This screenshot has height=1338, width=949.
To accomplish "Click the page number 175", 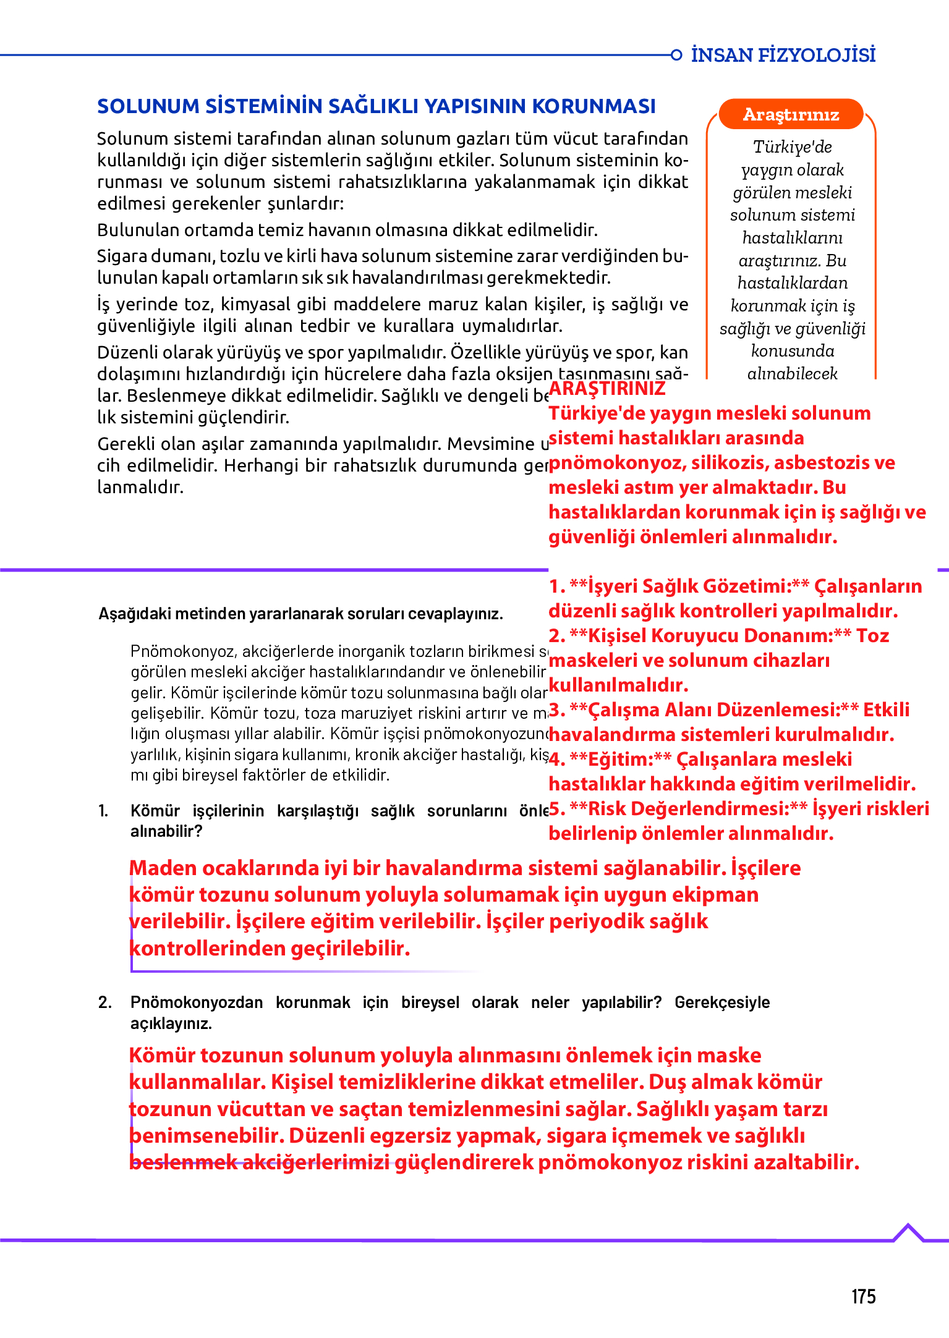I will point(863,1296).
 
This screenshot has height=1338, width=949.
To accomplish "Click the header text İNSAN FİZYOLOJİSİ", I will point(783,55).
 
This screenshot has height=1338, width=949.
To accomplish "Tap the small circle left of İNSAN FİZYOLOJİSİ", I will point(676,55).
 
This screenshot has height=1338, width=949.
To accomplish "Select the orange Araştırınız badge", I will point(791,114).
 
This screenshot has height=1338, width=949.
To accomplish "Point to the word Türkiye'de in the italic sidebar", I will point(792,147).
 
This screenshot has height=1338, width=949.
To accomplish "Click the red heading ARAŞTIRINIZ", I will point(606,388).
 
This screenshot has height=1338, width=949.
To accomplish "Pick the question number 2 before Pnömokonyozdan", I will point(104,1002).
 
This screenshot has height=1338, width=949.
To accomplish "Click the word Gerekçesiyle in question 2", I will point(721,1002).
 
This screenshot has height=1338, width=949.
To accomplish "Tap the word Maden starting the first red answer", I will point(163,868).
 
